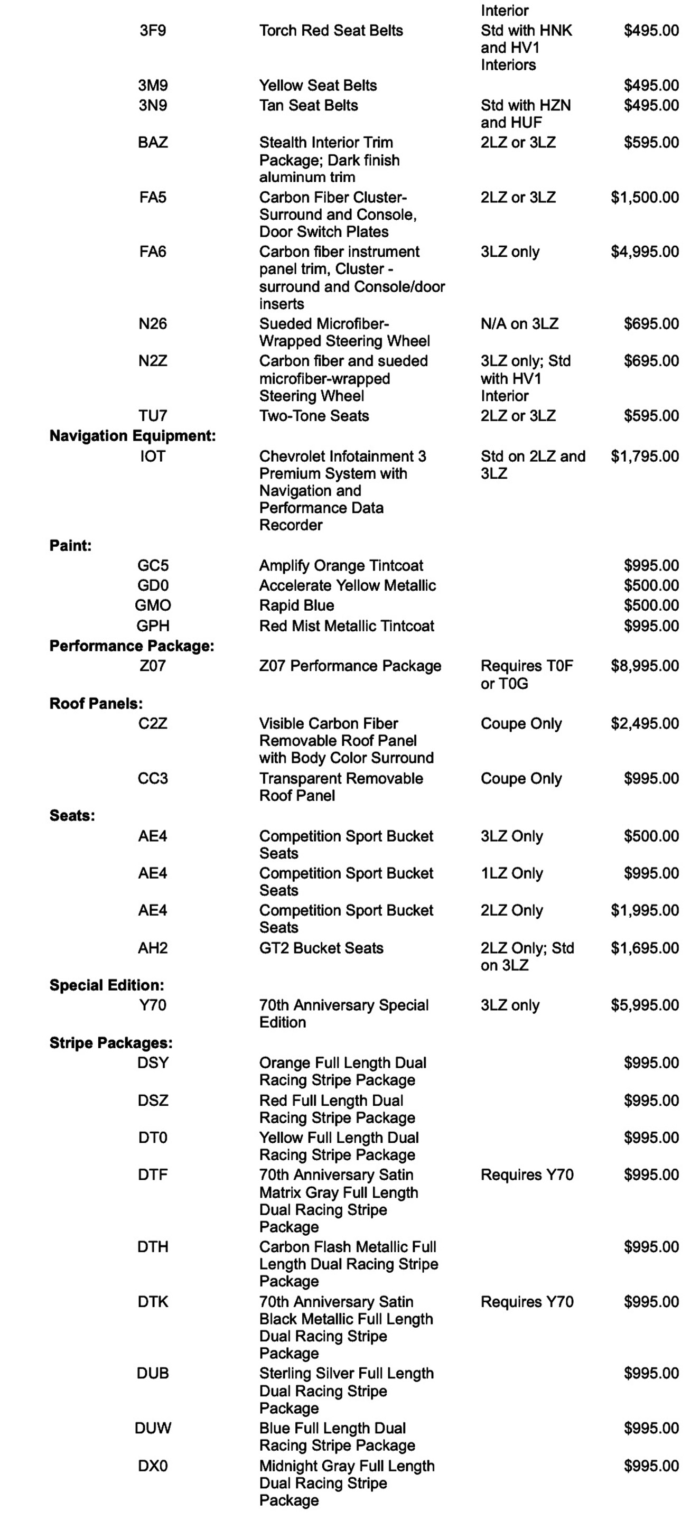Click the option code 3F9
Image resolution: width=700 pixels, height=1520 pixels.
[x=152, y=31]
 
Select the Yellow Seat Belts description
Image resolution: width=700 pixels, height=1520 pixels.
[x=318, y=86]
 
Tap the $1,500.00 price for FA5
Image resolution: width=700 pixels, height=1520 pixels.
[x=645, y=198]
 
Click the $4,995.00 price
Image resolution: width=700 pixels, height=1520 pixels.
[x=645, y=252]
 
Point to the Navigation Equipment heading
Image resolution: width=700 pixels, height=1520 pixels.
[x=132, y=436]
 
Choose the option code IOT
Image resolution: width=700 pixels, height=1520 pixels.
[x=152, y=456]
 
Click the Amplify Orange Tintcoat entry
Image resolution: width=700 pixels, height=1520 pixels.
[x=341, y=566]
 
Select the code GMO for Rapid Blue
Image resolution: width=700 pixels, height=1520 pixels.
[x=152, y=605]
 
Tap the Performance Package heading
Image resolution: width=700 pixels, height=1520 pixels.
[x=132, y=646]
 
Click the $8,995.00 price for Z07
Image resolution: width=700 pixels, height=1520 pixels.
[x=645, y=666]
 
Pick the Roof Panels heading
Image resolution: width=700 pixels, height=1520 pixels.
[x=96, y=704]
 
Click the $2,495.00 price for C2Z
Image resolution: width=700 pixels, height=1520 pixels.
[x=645, y=724]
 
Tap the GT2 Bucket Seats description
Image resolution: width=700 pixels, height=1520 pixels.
[x=321, y=948]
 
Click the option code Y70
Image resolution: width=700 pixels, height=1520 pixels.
[x=152, y=1005]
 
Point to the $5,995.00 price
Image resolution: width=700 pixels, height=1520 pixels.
[x=645, y=1005]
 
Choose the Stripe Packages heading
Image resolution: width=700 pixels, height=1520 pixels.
[x=111, y=1043]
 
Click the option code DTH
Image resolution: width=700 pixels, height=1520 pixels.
[x=152, y=1247]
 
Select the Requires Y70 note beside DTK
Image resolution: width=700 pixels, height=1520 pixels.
[x=527, y=1302]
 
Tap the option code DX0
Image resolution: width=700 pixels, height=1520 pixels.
[x=152, y=1466]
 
